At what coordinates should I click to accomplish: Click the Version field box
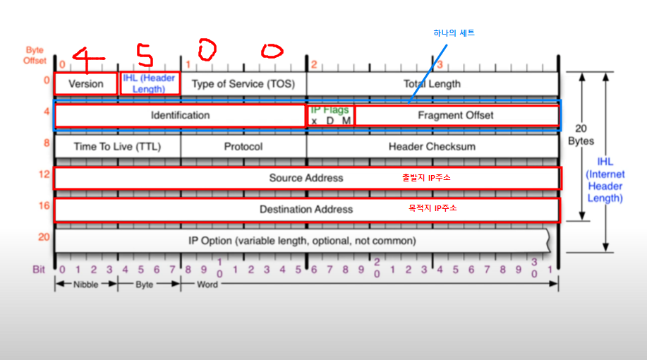[x=86, y=83]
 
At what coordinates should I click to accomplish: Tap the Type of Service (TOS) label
[x=243, y=83]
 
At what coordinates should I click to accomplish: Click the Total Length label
[x=432, y=83]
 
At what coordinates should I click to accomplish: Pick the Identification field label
[x=180, y=115]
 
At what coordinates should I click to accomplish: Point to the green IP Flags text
[x=329, y=109]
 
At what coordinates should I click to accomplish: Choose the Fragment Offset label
[x=455, y=115]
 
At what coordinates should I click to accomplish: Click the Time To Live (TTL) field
[x=117, y=147]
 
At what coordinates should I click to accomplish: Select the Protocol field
[x=243, y=147]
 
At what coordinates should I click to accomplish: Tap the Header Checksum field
[x=432, y=147]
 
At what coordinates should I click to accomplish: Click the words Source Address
[x=306, y=178]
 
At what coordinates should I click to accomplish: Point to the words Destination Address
[x=306, y=209]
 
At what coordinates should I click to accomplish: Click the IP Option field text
[x=302, y=241]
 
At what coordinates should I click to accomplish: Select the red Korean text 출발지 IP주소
[x=426, y=178]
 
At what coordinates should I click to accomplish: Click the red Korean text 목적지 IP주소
[x=433, y=209]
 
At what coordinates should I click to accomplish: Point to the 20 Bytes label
[x=581, y=135]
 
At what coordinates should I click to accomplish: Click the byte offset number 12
[x=44, y=173]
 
